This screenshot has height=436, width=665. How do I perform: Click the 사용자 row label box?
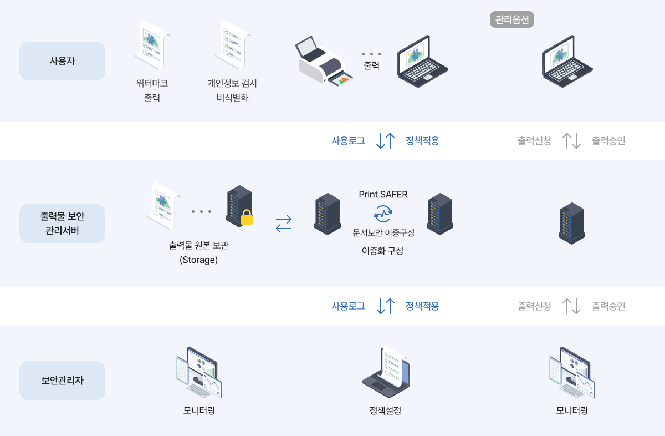pos(62,61)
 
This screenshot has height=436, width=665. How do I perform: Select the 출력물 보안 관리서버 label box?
pos(62,223)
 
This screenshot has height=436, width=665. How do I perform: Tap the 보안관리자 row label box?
pos(62,381)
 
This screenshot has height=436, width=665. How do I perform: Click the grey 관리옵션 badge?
pos(512,20)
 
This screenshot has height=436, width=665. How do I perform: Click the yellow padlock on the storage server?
pos(247,217)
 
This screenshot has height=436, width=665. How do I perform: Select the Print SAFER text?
pos(383,194)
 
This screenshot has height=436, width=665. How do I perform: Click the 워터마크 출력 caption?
pos(152,90)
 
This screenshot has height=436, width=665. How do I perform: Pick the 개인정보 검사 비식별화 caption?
pos(232,90)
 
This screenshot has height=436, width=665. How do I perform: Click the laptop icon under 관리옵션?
pos(566,60)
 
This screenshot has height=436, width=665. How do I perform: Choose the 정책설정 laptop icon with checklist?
pos(386,373)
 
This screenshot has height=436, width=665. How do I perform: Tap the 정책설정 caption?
pos(385,411)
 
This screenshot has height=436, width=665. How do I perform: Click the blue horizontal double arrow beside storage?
pos(284,224)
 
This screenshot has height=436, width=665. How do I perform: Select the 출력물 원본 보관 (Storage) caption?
pos(198,252)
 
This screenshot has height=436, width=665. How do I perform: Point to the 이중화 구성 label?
pos(382,251)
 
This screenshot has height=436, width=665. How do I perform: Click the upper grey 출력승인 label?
pos(608,141)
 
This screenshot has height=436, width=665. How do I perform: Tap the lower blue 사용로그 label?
pos(348,306)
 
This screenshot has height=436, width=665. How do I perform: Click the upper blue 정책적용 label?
pos(422,141)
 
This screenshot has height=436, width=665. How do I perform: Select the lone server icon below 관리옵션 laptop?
pos(572,224)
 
